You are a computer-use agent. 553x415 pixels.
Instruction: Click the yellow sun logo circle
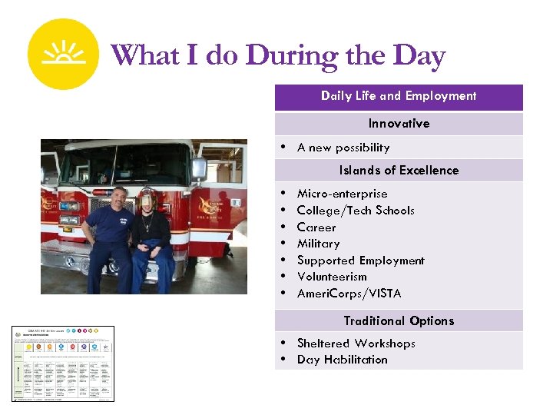63,55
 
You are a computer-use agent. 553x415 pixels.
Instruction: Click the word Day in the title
418,56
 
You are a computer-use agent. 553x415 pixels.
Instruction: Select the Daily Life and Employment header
399,96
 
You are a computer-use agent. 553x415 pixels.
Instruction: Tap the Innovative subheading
399,124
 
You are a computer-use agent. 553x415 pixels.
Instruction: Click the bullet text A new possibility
343,148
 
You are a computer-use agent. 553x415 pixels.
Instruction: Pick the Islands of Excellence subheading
399,171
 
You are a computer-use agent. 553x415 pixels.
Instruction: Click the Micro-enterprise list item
342,194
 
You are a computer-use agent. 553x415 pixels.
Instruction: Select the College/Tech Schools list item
355,211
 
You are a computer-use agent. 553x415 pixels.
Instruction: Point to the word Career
316,227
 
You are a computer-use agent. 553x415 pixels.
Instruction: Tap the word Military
318,244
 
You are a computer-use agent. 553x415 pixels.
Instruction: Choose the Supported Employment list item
360,261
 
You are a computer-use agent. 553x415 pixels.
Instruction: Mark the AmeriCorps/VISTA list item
349,294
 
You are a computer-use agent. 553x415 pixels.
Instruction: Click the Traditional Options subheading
399,321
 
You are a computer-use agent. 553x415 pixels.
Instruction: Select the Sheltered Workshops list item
356,344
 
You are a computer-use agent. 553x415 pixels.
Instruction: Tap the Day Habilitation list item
342,360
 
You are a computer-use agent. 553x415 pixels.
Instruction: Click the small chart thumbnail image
63,364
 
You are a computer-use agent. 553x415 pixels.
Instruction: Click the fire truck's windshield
123,163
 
